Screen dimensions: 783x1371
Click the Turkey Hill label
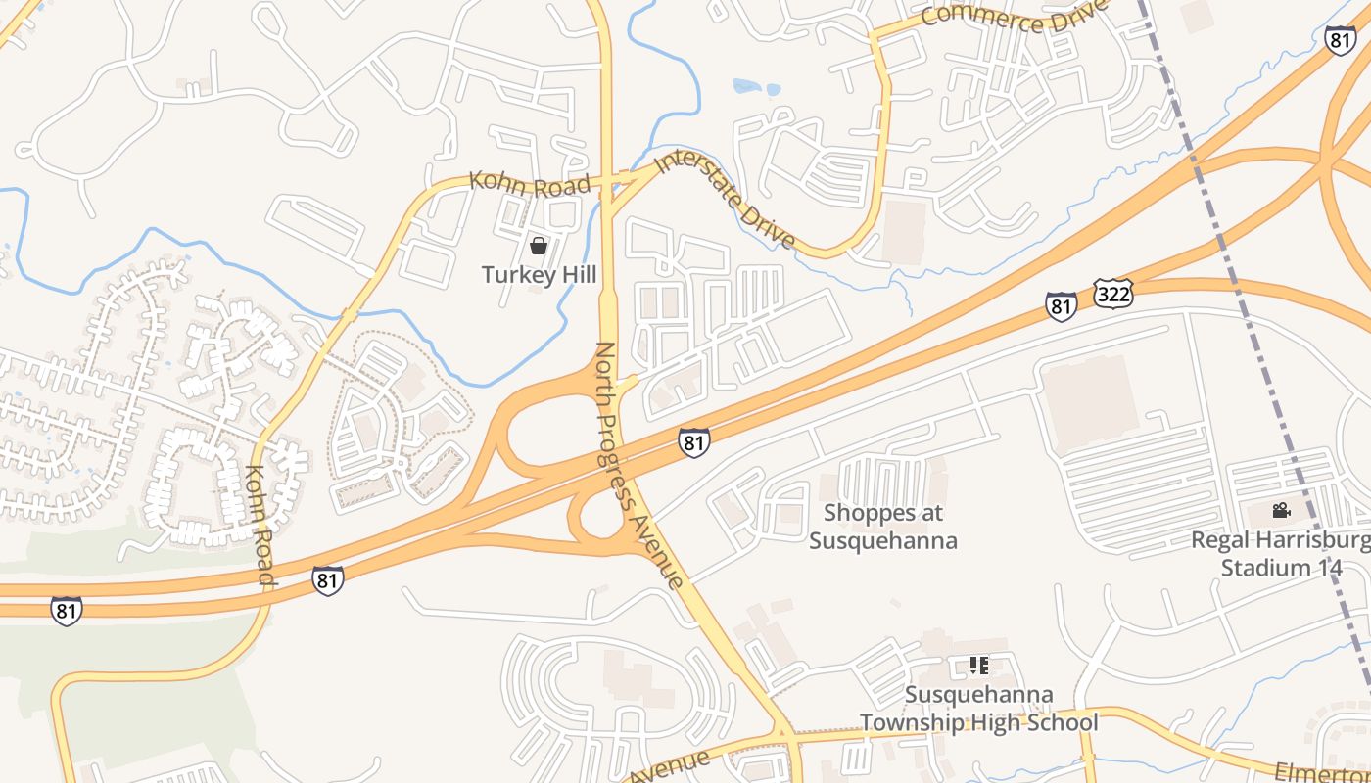(539, 275)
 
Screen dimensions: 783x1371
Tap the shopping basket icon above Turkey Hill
(538, 245)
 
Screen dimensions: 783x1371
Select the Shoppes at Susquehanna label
(882, 527)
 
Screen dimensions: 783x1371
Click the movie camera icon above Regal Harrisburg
(1281, 510)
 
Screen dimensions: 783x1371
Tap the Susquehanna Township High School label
(978, 710)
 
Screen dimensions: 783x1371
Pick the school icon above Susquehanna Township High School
(978, 667)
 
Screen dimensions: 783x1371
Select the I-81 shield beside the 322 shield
(1062, 304)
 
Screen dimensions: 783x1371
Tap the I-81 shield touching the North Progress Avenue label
(693, 441)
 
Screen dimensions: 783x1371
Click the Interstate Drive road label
(725, 200)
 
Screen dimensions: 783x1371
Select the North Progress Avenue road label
(638, 465)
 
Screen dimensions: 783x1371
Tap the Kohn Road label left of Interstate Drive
(529, 183)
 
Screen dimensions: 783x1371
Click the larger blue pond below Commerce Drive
(749, 87)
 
